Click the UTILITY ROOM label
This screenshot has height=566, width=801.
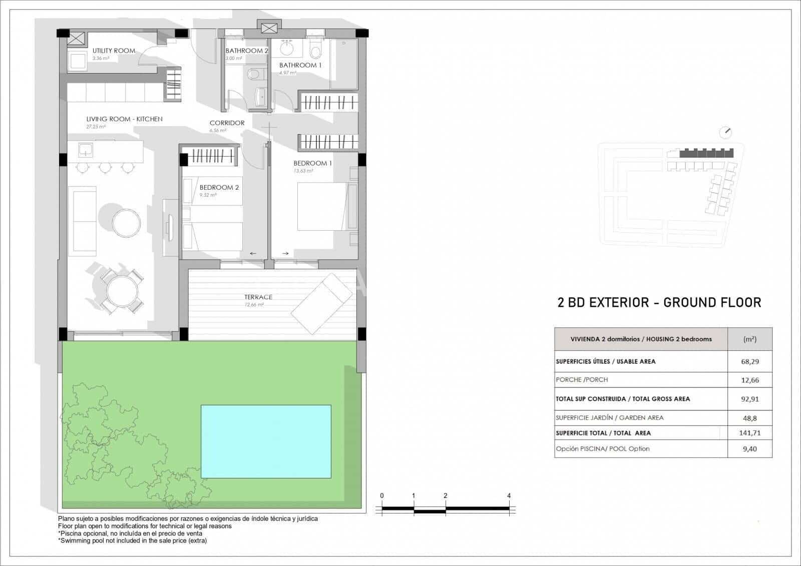pyautogui.click(x=114, y=51)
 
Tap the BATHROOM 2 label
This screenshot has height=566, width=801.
pyautogui.click(x=247, y=51)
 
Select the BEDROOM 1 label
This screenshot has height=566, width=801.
pyautogui.click(x=312, y=163)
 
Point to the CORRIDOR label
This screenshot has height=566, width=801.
pyautogui.click(x=227, y=123)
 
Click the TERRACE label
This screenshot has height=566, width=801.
pyautogui.click(x=258, y=297)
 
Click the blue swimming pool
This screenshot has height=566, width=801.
pyautogui.click(x=266, y=441)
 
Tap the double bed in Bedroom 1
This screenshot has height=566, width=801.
pyautogui.click(x=322, y=206)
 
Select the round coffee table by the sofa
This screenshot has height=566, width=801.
pyautogui.click(x=127, y=223)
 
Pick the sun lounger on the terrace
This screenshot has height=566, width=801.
pyautogui.click(x=323, y=303)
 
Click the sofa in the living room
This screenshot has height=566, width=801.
pyautogui.click(x=85, y=221)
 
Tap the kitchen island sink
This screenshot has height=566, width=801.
pyautogui.click(x=86, y=149)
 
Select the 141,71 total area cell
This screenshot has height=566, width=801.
pyautogui.click(x=749, y=433)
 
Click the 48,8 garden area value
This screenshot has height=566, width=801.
pyautogui.click(x=749, y=417)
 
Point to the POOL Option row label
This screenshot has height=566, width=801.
pyautogui.click(x=603, y=449)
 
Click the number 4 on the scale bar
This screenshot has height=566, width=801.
pyautogui.click(x=509, y=496)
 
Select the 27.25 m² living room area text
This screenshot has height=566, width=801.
pyautogui.click(x=96, y=127)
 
